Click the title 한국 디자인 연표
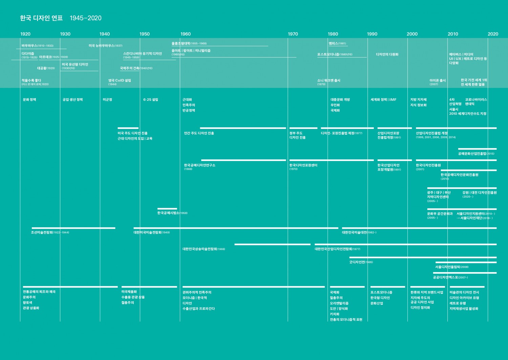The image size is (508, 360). pos(41,18)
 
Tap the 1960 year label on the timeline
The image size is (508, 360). pos(186,34)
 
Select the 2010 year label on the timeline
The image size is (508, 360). pos(453,34)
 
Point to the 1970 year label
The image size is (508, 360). pos(293,34)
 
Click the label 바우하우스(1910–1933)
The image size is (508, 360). pos(37,46)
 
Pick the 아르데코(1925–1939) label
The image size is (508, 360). pos(53,57)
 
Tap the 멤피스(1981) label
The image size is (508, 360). pos(337,43)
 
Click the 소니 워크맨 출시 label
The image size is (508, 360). pos(329,81)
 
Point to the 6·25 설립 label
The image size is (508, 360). pos(151,100)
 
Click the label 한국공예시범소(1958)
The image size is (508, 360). pos(172,213)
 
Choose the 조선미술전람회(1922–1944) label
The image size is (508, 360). pos(50,232)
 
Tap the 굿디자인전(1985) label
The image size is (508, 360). pos(361,262)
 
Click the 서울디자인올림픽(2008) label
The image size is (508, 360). pos(452,267)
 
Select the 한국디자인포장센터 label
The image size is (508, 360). pos(303,165)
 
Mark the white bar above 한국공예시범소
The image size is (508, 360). pos(167,209)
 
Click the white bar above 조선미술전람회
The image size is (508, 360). pos(73,228)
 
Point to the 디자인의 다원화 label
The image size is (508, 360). pos(387,54)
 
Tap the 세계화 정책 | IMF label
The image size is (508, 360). pos(383,100)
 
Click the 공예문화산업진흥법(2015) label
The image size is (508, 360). pos(476,154)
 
